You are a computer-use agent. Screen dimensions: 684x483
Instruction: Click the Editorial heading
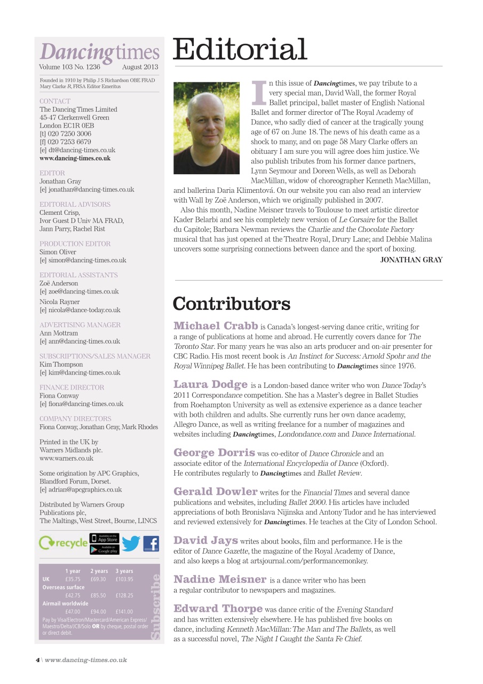pos(240,50)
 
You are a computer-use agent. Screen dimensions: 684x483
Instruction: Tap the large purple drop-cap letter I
pos(258,92)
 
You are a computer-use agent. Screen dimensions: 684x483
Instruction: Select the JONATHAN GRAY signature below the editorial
pos(411,260)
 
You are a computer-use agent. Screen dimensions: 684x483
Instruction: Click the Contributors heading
pos(232,304)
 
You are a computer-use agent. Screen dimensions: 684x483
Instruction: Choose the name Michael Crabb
pos(215,326)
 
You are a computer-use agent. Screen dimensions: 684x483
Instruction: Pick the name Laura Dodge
pos(210,384)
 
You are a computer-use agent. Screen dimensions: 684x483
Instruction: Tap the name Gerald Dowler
pos(215,492)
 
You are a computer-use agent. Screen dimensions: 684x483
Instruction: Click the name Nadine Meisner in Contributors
pos(219,579)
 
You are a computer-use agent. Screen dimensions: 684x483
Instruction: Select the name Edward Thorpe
pos(218,609)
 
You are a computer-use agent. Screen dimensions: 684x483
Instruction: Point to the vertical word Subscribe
pos(155,606)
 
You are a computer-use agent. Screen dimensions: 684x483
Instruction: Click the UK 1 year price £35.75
pos(73,579)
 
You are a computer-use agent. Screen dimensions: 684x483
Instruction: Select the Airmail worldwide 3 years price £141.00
pos(124,612)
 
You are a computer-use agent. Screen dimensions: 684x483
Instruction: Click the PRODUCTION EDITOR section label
pos(75,244)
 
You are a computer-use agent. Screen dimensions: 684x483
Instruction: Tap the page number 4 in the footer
pos(37,660)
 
